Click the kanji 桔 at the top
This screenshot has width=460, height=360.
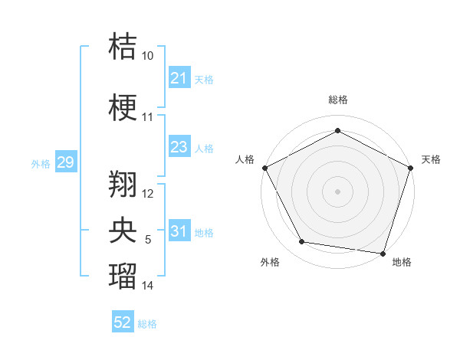pos(123,47)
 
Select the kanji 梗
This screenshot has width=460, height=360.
pos(123,108)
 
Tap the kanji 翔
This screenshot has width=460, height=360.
pos(123,183)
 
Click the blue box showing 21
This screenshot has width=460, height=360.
pos(179,78)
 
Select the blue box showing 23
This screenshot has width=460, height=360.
pos(179,147)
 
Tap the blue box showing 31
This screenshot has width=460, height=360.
pos(179,232)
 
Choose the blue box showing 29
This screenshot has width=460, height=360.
pos(65,163)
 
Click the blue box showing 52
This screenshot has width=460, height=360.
pos(123,323)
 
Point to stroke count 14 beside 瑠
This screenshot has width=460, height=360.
pos(148,286)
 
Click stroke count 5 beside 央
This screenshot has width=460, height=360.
pos(148,240)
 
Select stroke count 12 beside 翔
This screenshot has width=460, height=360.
pos(148,194)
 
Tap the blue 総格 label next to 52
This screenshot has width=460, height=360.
pos(147,324)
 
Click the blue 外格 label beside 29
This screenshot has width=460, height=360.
pos(41,164)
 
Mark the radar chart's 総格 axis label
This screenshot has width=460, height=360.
pos(337,100)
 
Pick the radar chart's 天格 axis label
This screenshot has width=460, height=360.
pos(431,159)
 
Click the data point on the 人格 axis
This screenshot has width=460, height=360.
pos(264,167)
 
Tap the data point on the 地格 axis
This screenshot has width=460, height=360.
pos(383,253)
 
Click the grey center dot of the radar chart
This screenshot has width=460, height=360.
pos(337,191)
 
